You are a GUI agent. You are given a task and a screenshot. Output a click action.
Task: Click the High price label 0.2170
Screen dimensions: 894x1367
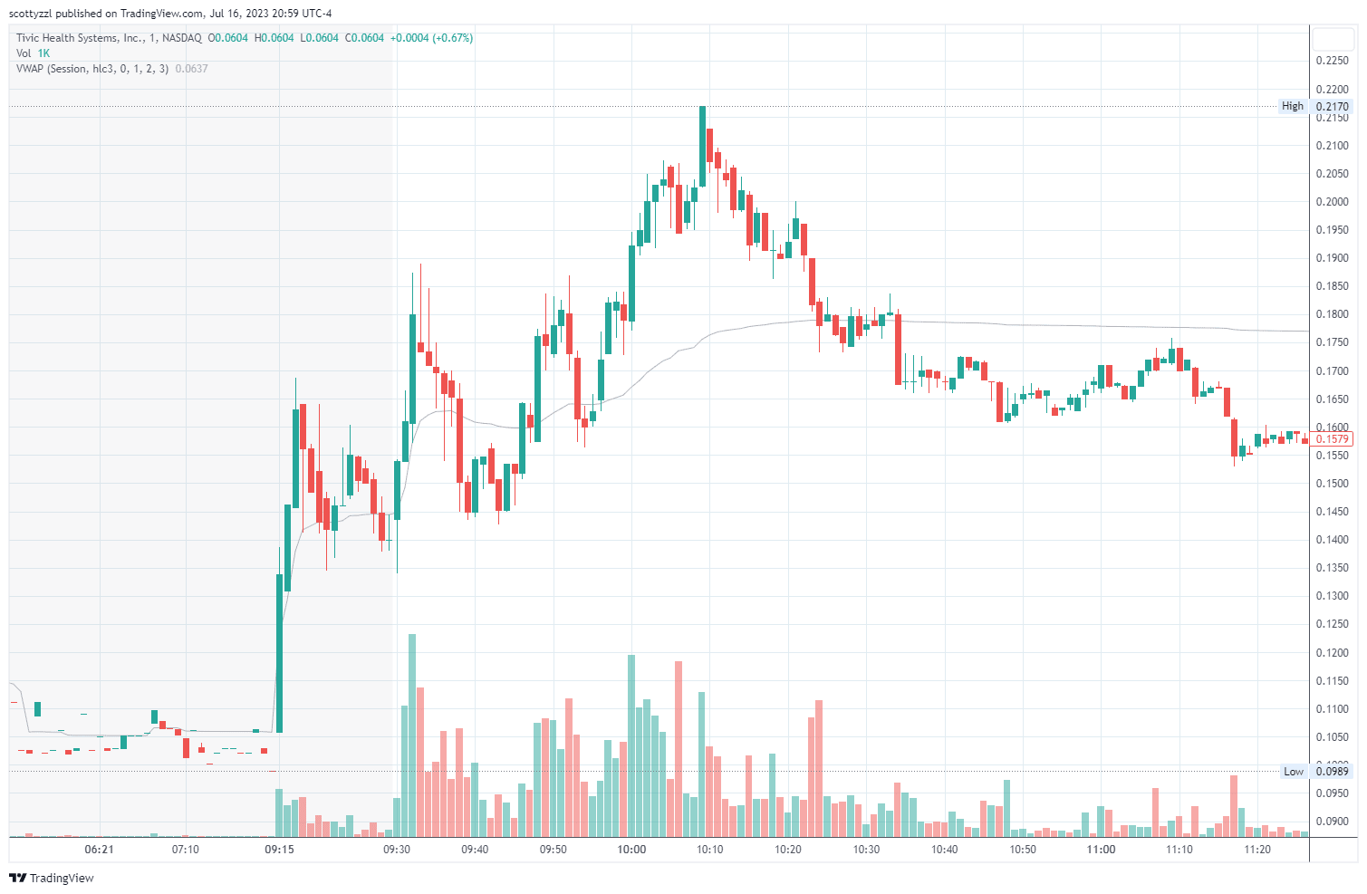pyautogui.click(x=1332, y=106)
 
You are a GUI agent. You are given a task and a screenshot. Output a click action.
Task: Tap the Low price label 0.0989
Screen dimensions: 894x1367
pyautogui.click(x=1332, y=772)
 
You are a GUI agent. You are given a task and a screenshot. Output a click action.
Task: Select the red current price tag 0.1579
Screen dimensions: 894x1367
pyautogui.click(x=1332, y=439)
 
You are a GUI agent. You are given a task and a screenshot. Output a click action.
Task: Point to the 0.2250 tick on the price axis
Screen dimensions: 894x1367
pyautogui.click(x=1332, y=61)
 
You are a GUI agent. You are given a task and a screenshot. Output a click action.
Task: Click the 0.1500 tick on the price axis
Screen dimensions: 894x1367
pyautogui.click(x=1332, y=484)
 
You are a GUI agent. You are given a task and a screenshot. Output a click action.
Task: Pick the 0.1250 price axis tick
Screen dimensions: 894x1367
pyautogui.click(x=1332, y=624)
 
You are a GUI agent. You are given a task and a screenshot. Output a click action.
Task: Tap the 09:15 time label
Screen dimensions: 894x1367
pyautogui.click(x=279, y=850)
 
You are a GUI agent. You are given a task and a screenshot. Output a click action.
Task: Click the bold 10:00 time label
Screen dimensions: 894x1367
pyautogui.click(x=631, y=850)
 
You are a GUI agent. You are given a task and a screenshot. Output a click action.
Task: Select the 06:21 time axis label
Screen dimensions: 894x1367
pyautogui.click(x=99, y=850)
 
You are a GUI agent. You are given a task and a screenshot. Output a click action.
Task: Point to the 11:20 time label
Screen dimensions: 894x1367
pyautogui.click(x=1257, y=850)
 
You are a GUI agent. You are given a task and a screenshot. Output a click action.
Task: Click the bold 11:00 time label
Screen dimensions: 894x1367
pyautogui.click(x=1101, y=850)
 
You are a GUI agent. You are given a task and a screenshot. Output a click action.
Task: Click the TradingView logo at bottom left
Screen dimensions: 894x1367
pyautogui.click(x=52, y=878)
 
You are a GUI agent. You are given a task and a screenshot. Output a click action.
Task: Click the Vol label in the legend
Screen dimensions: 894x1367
pyautogui.click(x=24, y=53)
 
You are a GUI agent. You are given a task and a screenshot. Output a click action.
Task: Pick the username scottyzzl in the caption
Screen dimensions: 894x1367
pyautogui.click(x=31, y=14)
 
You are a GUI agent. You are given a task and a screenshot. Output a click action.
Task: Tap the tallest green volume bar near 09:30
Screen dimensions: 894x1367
pyautogui.click(x=412, y=734)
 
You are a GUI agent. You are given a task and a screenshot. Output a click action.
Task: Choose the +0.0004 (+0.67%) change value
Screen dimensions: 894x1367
pyautogui.click(x=431, y=38)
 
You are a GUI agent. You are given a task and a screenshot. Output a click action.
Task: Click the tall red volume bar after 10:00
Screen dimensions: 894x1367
pyautogui.click(x=679, y=747)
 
